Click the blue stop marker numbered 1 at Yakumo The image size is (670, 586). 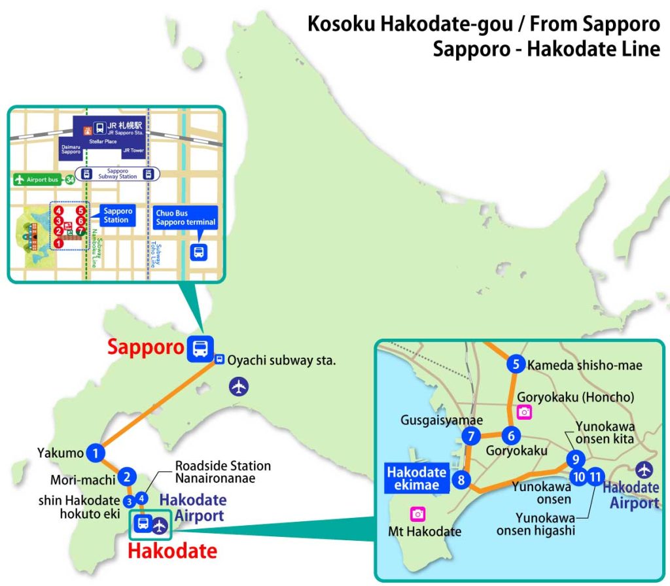coord(96,452)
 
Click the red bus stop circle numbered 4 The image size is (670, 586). coord(60,211)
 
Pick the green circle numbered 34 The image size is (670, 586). coord(70,179)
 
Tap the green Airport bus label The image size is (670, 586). coord(39,179)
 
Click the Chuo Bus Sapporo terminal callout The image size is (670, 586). coord(186,218)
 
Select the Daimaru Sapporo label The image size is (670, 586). coord(71,148)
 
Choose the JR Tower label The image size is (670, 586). coord(132,150)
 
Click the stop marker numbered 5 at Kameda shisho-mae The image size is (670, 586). coord(516,365)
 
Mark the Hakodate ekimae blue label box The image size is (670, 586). coord(415,478)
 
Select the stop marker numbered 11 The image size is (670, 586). coord(595,477)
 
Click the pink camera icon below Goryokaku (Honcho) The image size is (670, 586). coord(524,411)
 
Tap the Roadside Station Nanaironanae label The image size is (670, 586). coord(222,472)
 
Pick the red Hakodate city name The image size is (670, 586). coord(172,551)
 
